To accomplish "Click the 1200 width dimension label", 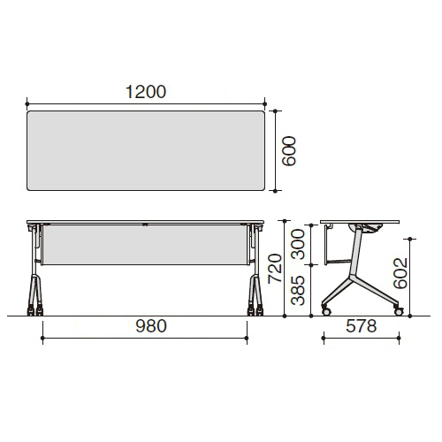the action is click(146, 92).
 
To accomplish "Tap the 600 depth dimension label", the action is click(289, 151).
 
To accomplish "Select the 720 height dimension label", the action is click(275, 269).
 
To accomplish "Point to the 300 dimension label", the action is click(298, 244).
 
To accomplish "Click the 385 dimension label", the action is click(298, 291).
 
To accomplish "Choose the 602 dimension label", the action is click(400, 273).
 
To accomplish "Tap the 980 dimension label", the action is click(151, 326).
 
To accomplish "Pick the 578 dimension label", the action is click(362, 326).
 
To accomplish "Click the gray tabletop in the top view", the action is click(146, 150).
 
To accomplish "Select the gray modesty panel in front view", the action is click(145, 245).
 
